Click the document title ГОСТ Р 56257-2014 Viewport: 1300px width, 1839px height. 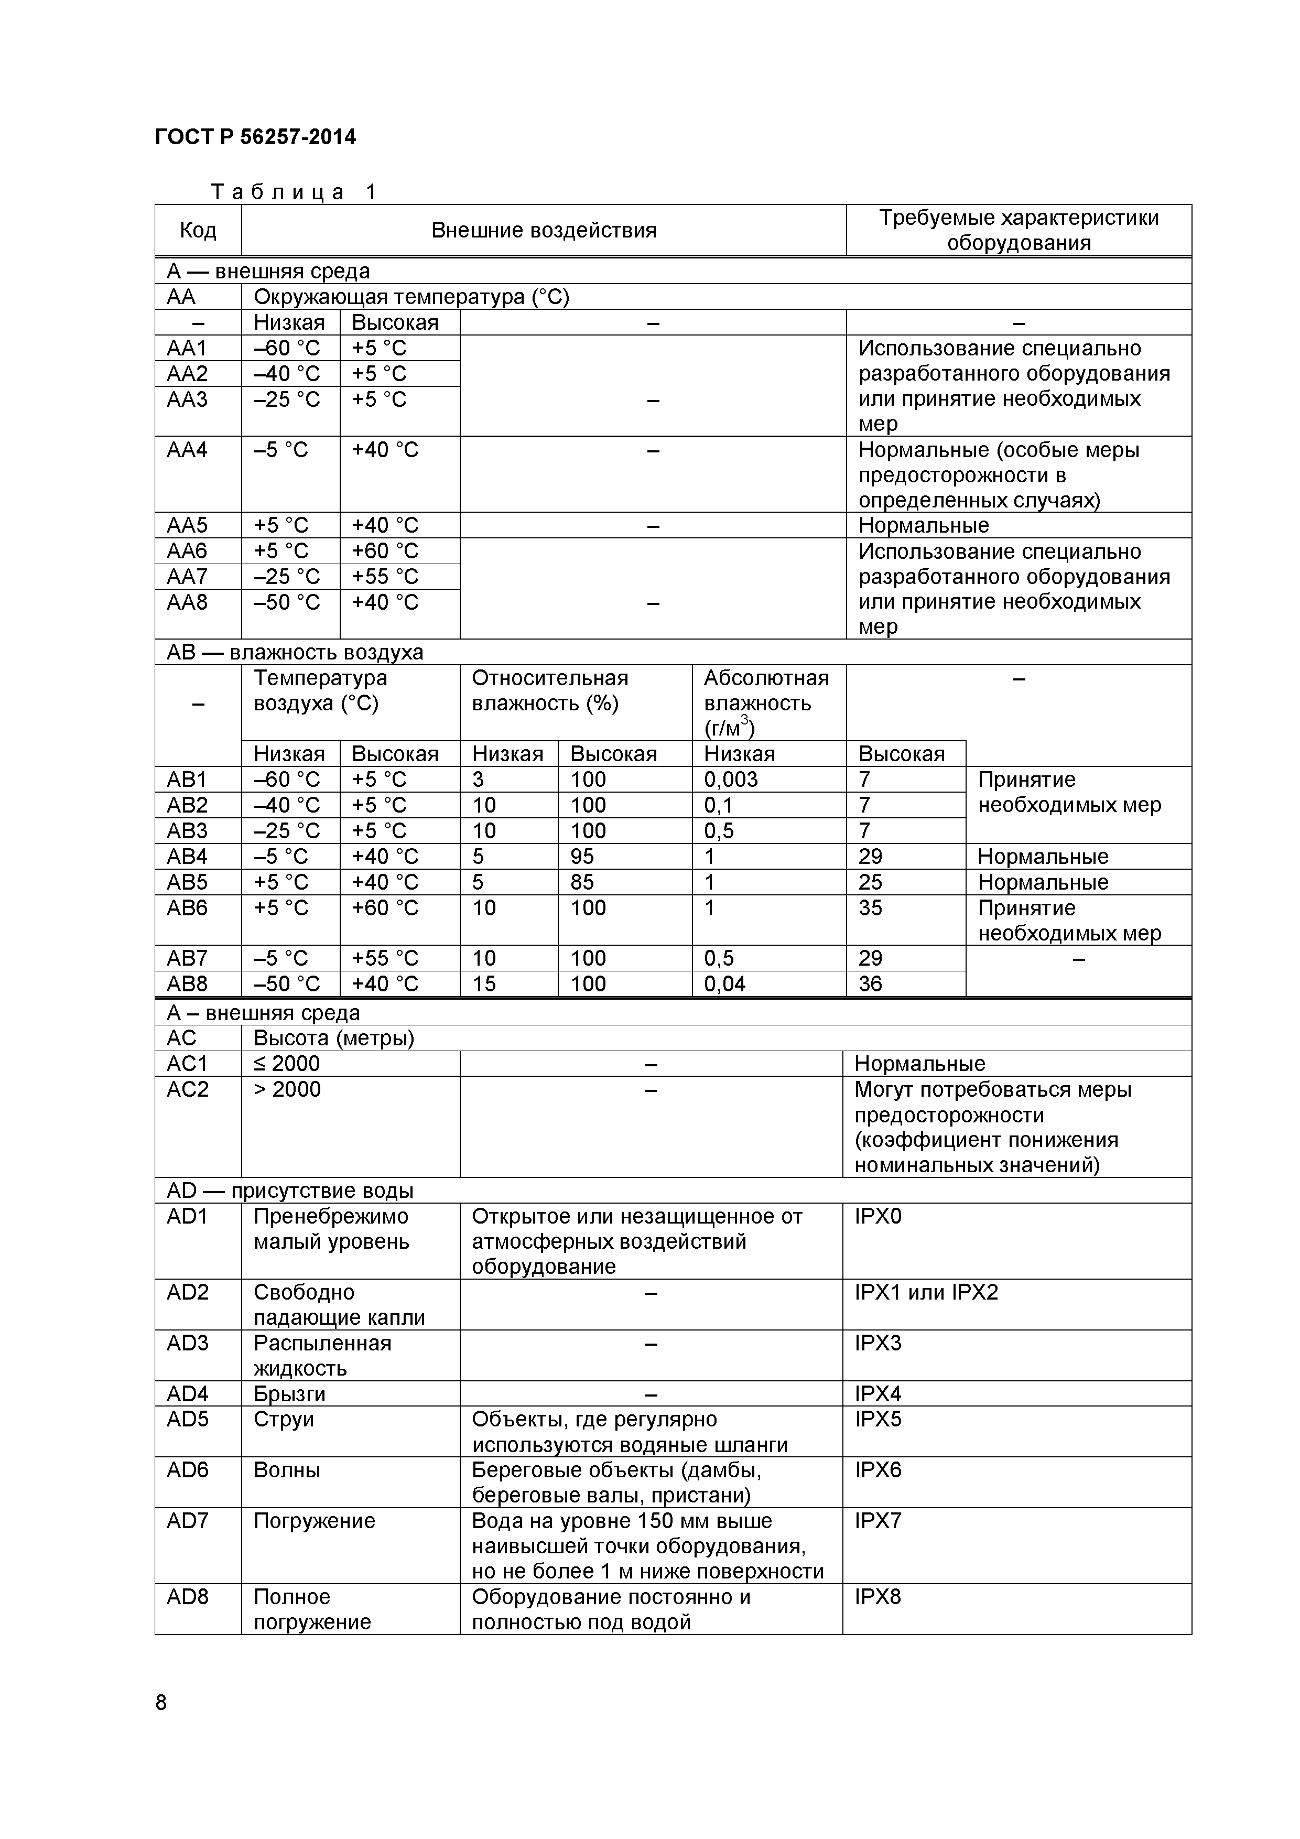coord(255,137)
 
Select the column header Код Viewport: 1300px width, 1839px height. coord(198,231)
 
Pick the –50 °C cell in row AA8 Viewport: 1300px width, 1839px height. coord(287,602)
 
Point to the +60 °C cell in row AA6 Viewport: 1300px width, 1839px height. coord(385,551)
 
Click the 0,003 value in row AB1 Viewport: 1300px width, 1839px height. coord(731,780)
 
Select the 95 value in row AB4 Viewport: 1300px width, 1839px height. coord(582,856)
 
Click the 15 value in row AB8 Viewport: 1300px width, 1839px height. coord(484,983)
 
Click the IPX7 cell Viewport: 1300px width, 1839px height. coord(878,1521)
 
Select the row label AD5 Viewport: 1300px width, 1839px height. coord(188,1419)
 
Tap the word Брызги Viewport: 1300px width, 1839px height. coord(290,1394)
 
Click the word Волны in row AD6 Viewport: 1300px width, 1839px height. coord(287,1470)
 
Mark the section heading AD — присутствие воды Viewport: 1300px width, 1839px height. coord(290,1190)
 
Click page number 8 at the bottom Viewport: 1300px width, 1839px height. coord(161,1703)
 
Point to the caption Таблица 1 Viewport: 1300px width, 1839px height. coord(293,192)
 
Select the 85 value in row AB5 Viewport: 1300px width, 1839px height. coord(582,882)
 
